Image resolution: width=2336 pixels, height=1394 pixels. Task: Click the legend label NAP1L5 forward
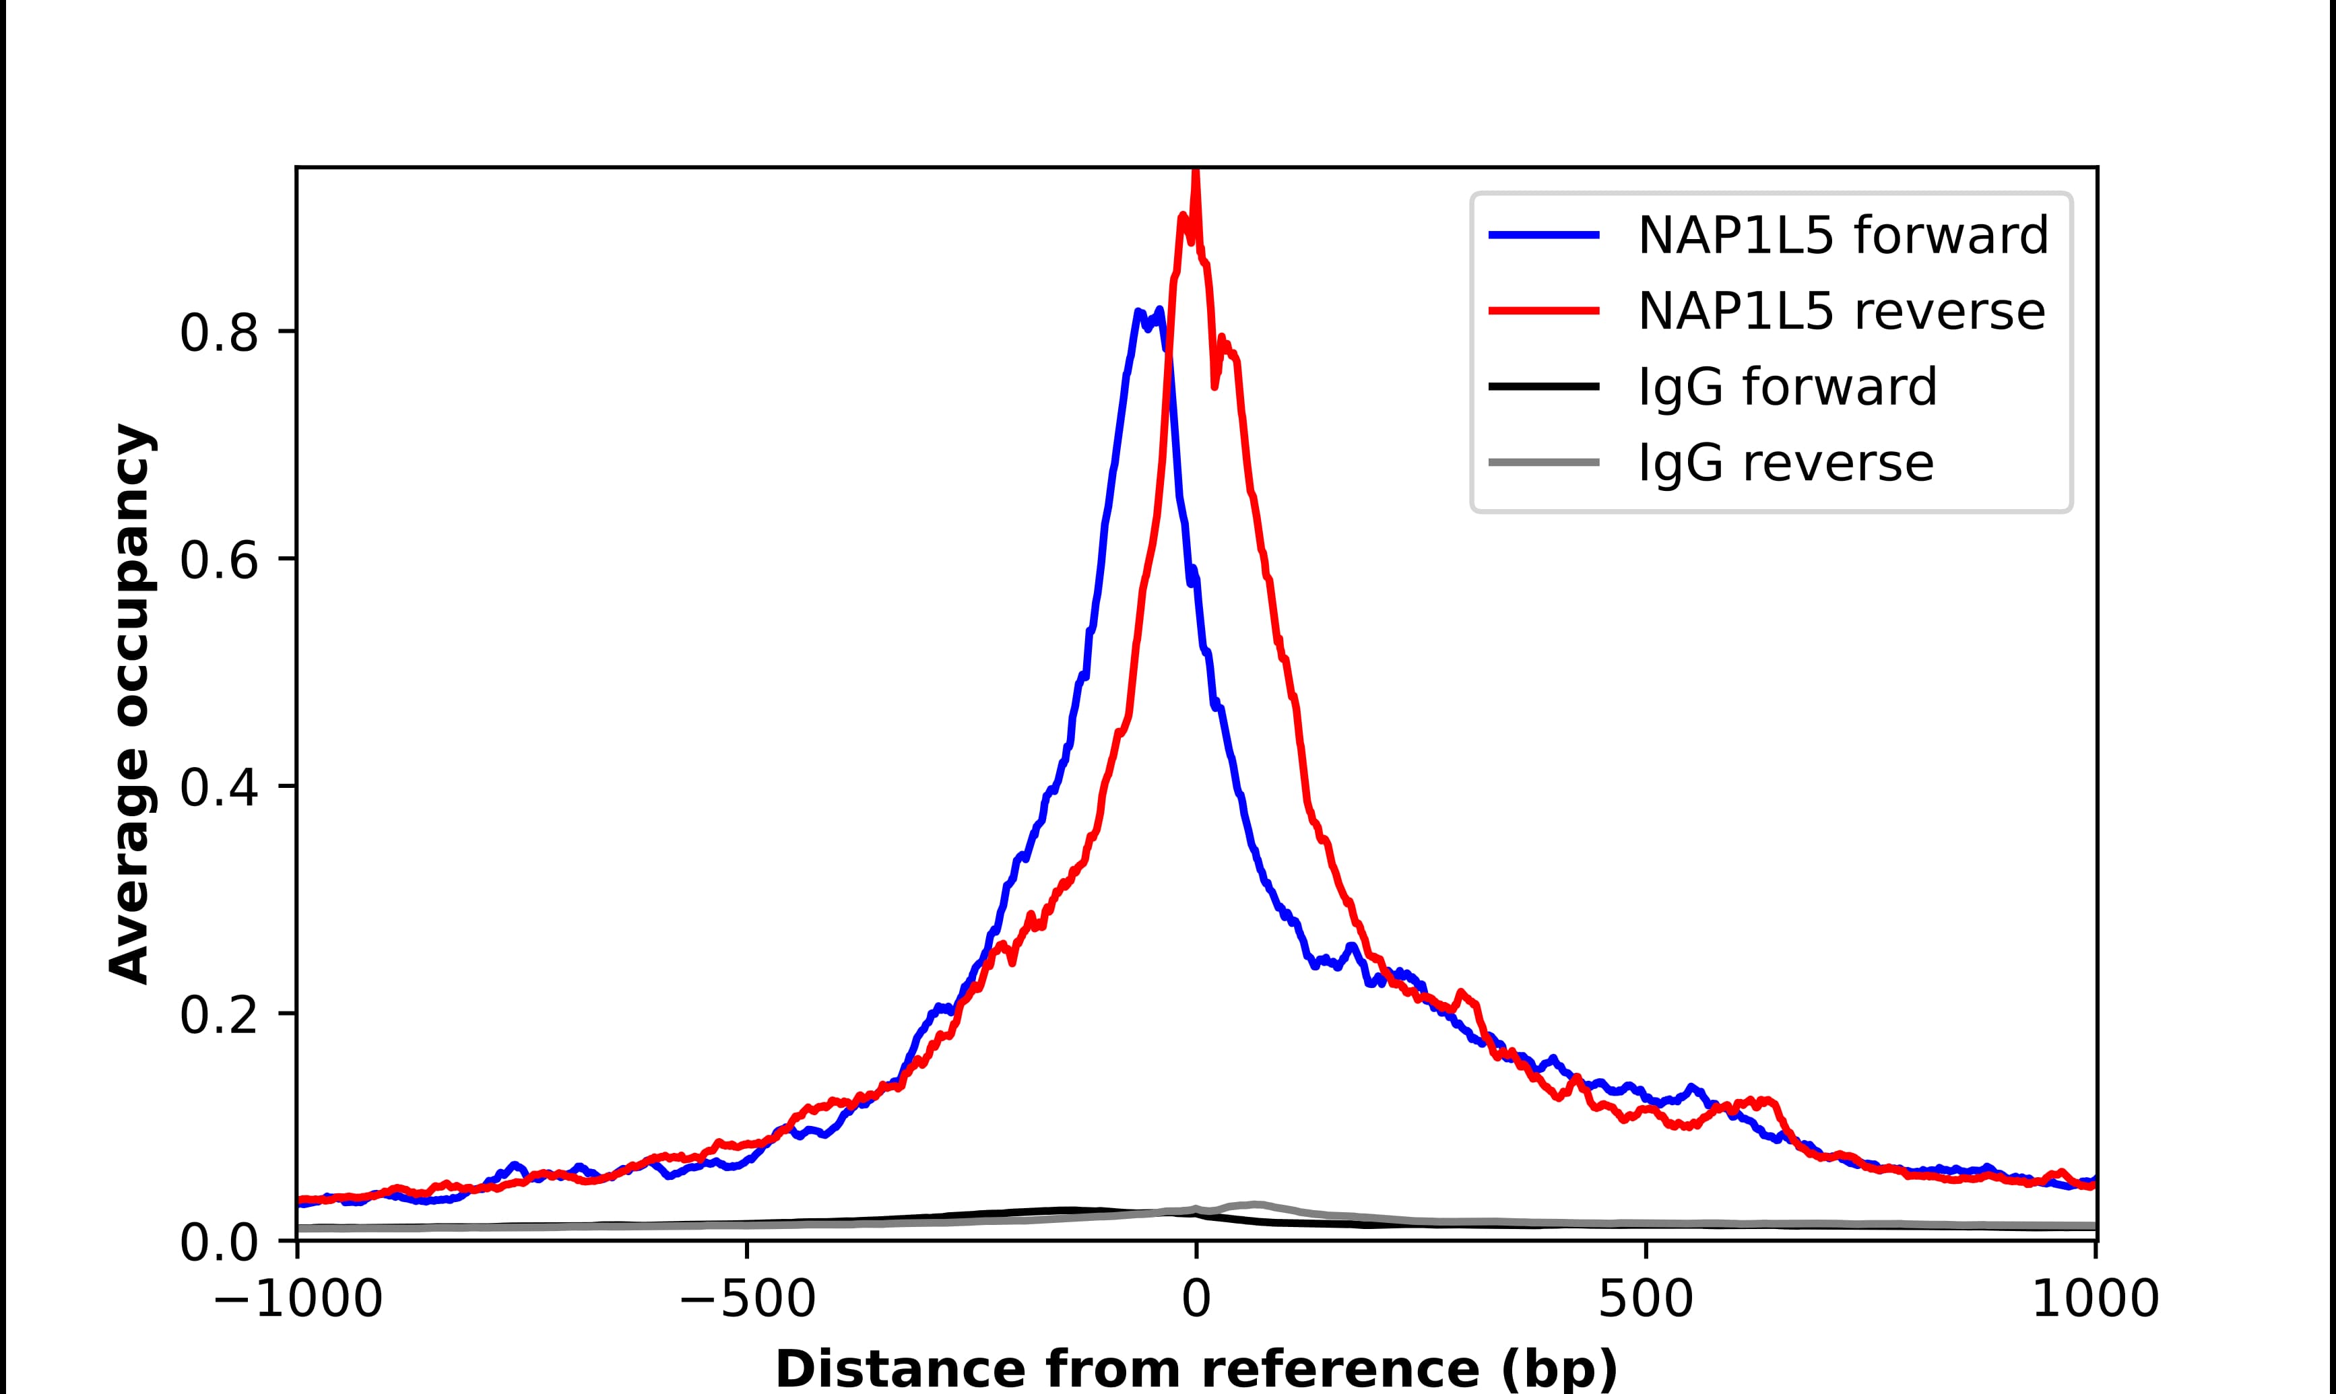[x=1842, y=235]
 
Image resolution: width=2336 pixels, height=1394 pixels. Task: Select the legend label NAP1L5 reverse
[x=1840, y=311]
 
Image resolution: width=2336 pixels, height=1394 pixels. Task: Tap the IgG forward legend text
[x=1786, y=387]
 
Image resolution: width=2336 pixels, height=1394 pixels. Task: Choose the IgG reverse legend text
[x=1784, y=463]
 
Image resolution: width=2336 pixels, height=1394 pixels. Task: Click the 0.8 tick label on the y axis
[x=218, y=333]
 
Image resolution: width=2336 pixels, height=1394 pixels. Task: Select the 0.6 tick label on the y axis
[x=218, y=561]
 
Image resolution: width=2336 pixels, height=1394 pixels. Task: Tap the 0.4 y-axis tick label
[x=218, y=788]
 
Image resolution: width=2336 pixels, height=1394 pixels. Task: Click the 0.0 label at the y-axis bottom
[x=218, y=1242]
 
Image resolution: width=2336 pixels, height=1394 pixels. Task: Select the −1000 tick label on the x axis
[x=298, y=1301]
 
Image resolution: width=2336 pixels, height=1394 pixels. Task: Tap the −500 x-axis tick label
[x=747, y=1301]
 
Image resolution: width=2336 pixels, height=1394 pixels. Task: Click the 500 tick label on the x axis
[x=1646, y=1301]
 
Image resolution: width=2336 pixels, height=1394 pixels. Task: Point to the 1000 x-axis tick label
[x=2095, y=1301]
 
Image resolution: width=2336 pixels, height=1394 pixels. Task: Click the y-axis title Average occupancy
[x=129, y=704]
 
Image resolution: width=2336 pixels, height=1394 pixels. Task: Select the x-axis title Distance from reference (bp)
[x=1196, y=1368]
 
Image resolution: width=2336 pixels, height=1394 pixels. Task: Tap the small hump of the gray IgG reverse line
[x=1254, y=1204]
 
